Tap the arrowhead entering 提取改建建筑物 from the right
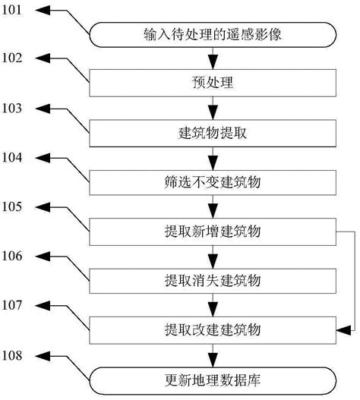coord(340,330)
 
